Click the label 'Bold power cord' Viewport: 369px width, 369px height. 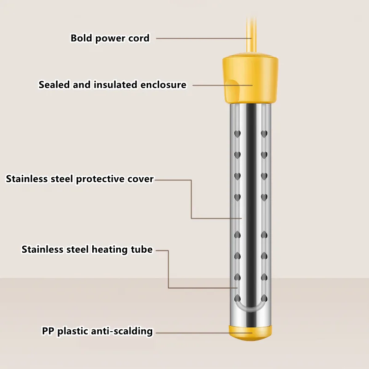pos(110,38)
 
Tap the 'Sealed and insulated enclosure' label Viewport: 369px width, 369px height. pos(113,85)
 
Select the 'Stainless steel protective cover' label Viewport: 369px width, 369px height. pos(80,179)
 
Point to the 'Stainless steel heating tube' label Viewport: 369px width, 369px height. pos(87,250)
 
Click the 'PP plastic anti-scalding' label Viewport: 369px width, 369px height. pos(97,331)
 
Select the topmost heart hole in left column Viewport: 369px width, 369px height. pos(238,134)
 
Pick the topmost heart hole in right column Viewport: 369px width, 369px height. pos(264,134)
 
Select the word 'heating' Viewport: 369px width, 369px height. pos(109,250)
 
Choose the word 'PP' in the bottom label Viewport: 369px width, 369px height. pos(48,331)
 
